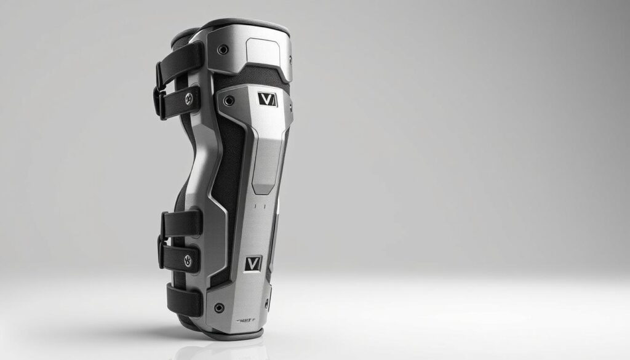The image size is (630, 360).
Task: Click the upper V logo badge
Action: pyautogui.click(x=268, y=99)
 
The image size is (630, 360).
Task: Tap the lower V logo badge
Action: pyautogui.click(x=253, y=263)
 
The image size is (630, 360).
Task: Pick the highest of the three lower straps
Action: pyautogui.click(x=182, y=223)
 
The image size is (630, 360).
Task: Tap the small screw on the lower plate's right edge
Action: pyautogui.click(x=266, y=302)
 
